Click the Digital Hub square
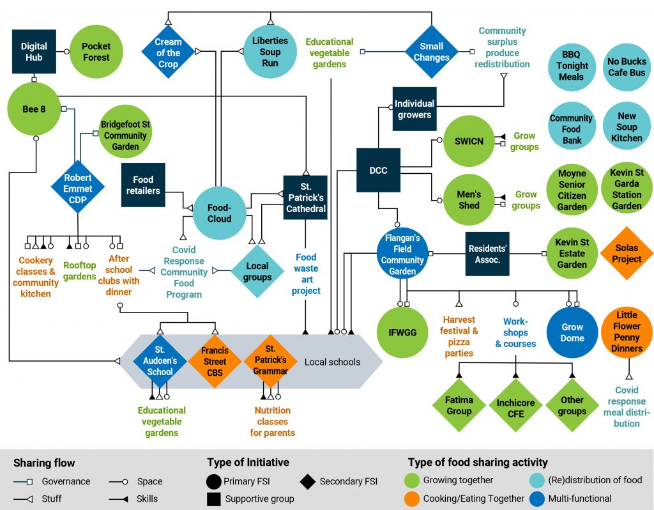point(34,52)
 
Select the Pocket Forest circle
point(96,52)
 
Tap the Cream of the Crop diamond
point(168,52)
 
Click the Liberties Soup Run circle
point(270,52)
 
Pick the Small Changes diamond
point(431,52)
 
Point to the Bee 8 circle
point(34,109)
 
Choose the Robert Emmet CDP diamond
point(77,188)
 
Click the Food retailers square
point(143,185)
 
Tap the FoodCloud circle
point(220,213)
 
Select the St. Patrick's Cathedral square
point(305,197)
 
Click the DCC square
point(378,170)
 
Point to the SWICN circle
point(469,141)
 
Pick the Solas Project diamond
point(627,253)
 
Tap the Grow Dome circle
point(572,332)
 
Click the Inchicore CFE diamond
point(515,405)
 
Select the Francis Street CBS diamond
point(215,362)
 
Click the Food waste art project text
point(306,274)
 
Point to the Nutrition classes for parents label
point(272,422)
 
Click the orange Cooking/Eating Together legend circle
point(412,498)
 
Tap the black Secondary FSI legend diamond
point(307,482)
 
